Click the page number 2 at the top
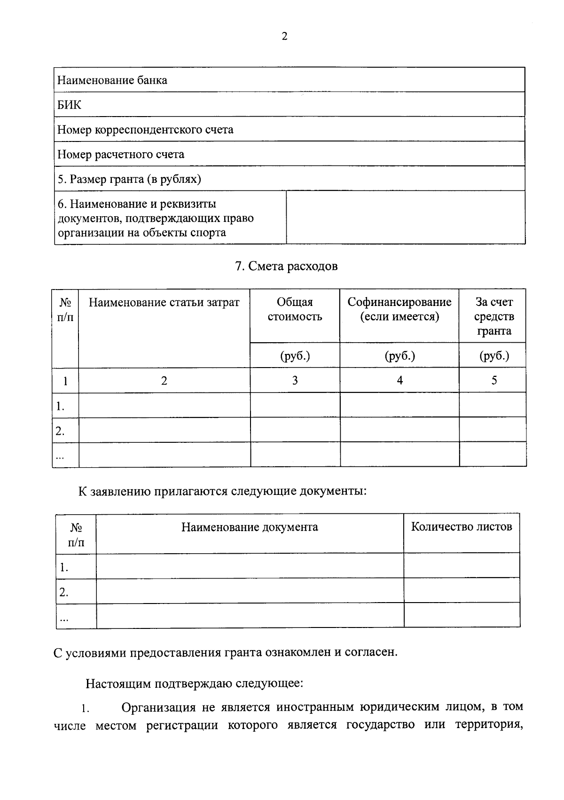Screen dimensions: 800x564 [x=284, y=37]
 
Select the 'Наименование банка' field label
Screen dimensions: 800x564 [x=112, y=80]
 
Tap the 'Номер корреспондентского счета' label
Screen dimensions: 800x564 [x=145, y=129]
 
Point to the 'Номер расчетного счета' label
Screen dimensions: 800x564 [x=121, y=154]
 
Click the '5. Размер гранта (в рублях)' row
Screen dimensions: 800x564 [x=129, y=179]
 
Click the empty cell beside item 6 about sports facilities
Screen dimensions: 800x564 [x=405, y=217]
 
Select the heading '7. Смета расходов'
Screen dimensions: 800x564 [x=286, y=266]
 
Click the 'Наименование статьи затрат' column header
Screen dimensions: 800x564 [x=164, y=302]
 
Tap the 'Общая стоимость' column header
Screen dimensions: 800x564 [x=295, y=309]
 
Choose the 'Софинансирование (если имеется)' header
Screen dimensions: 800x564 [x=399, y=309]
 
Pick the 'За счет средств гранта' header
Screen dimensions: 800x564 [x=493, y=316]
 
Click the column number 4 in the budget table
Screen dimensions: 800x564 [x=399, y=380]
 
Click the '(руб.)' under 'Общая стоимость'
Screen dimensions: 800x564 [x=295, y=356]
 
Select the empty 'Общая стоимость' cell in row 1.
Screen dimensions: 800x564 [x=295, y=405]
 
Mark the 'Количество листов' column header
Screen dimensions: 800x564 [x=461, y=526]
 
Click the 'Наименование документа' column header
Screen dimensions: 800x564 [x=250, y=527]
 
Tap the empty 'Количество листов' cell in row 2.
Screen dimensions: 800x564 [x=461, y=591]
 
